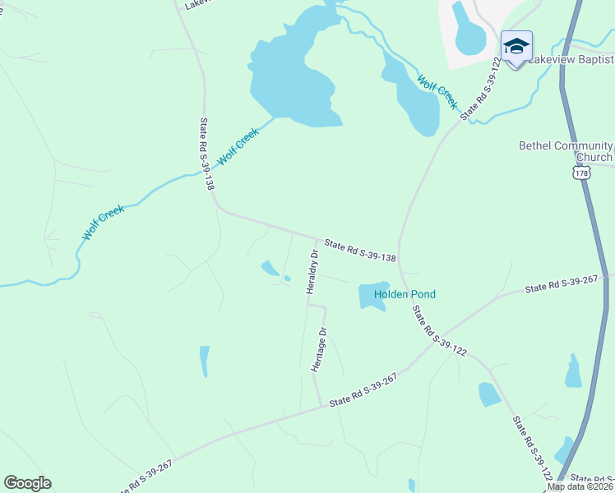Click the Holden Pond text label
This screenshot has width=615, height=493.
point(405,294)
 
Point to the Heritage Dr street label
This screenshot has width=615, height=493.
point(320,351)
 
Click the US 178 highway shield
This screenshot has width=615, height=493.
point(582,173)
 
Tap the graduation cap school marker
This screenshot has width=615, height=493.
point(516,47)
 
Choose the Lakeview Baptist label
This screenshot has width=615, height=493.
point(571,60)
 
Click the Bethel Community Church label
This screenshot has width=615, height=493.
point(566,151)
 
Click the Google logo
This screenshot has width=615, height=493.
point(27,483)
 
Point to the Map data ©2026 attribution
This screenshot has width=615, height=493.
point(580,486)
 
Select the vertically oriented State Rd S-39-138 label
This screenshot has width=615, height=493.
point(206,154)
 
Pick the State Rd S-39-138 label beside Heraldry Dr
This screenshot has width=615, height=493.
point(360,251)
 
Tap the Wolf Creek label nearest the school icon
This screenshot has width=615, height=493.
point(437,91)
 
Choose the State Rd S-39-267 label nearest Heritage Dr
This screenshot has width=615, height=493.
point(363,389)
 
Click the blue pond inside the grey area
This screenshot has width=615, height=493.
point(470,29)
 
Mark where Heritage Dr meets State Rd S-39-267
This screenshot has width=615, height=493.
point(321,406)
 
